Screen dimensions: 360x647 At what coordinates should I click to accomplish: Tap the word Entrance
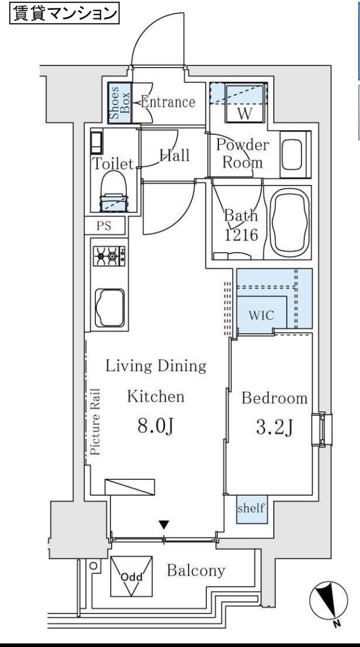point(168,101)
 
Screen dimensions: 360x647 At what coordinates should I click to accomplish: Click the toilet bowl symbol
point(114,191)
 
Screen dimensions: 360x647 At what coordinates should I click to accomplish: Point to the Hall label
point(175,156)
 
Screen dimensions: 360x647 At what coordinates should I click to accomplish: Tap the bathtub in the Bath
point(290,222)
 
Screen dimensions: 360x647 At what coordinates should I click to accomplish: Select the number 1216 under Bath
point(241,235)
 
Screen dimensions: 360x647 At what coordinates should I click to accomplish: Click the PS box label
point(104,226)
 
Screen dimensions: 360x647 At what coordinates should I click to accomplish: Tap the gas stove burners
point(109,256)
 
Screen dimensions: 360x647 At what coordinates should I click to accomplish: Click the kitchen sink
point(110,308)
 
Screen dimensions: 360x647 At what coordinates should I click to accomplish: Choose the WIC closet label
point(261,316)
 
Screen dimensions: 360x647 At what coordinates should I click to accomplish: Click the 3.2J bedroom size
point(274,427)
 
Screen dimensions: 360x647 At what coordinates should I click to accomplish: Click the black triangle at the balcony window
point(164,525)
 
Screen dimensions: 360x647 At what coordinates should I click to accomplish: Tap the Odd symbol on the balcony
point(131,576)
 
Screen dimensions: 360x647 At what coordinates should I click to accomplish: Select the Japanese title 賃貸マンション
point(64,13)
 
